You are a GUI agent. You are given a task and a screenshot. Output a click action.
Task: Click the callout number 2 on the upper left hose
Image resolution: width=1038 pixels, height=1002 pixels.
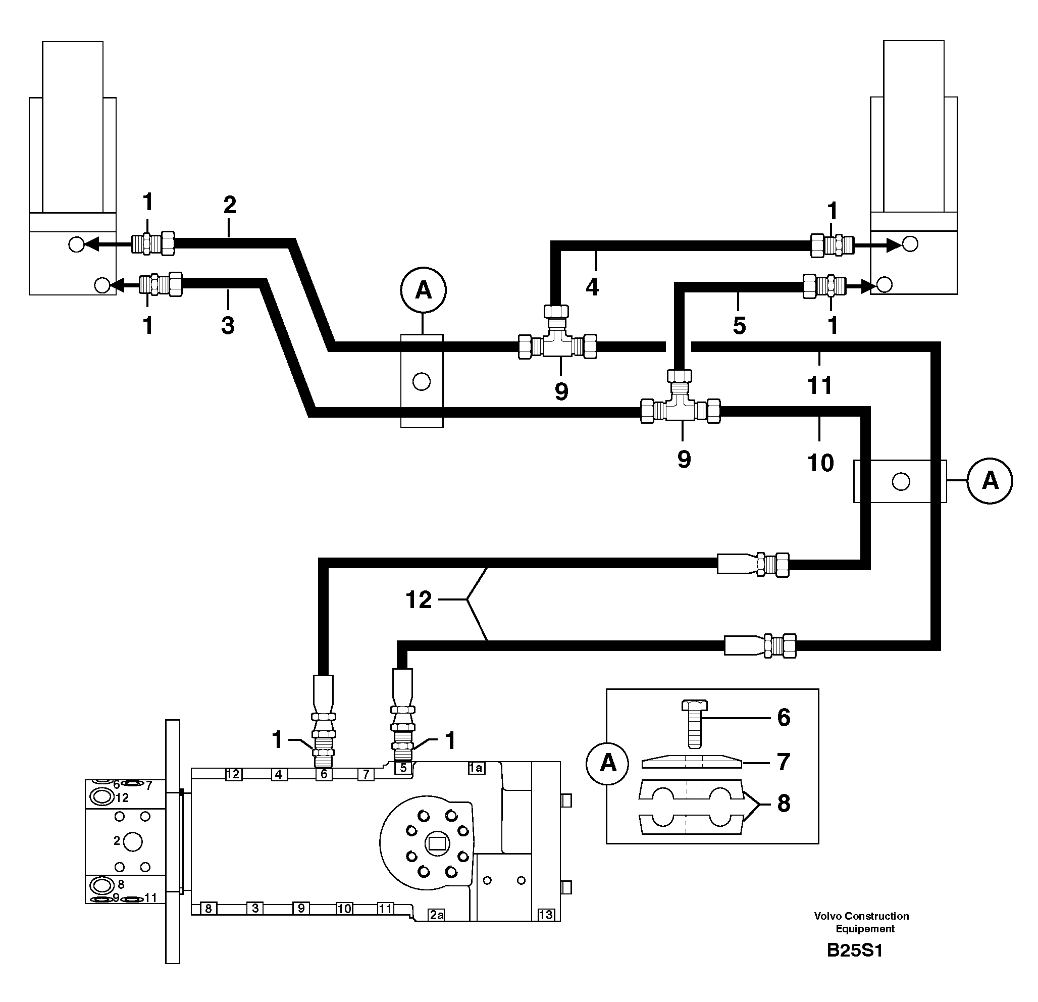(229, 205)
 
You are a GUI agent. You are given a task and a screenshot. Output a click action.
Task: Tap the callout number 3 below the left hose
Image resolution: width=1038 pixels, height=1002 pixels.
(228, 325)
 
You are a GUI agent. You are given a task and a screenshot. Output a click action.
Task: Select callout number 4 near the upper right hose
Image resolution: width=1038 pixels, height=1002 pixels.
(592, 287)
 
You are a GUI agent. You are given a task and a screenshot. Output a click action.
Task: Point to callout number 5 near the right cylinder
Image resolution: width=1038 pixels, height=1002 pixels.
(739, 325)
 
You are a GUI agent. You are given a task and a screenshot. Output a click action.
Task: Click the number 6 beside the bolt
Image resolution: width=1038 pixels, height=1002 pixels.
(784, 718)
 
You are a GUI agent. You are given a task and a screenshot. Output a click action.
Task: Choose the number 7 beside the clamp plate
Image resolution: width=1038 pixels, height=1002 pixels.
(784, 762)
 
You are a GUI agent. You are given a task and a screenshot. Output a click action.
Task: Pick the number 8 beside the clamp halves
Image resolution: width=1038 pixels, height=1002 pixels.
(784, 804)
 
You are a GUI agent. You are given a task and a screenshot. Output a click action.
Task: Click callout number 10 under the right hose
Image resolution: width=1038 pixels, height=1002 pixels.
(820, 463)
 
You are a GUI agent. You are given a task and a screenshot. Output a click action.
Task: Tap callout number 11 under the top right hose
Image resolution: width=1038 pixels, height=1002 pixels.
(820, 385)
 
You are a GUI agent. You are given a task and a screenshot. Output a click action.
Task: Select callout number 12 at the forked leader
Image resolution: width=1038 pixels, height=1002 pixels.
(419, 600)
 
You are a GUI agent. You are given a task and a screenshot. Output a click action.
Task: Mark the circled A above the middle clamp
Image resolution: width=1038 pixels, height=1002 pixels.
(423, 290)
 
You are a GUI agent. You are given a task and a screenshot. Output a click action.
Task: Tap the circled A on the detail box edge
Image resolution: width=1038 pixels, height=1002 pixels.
(608, 763)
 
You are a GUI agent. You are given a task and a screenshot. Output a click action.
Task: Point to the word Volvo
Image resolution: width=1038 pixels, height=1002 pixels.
(828, 916)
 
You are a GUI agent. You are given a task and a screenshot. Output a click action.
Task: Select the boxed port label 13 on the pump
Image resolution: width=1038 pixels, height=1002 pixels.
(545, 915)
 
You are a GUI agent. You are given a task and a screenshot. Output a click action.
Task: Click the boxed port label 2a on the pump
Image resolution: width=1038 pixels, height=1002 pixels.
(436, 915)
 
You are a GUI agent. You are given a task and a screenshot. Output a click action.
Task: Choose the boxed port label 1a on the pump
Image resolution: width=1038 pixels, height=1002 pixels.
(476, 768)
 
